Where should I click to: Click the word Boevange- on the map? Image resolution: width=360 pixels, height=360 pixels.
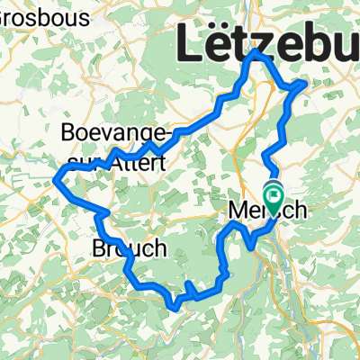[x=114, y=134]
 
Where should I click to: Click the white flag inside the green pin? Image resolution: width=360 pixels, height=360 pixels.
[x=273, y=190]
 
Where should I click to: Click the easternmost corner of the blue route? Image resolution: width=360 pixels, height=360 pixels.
[x=306, y=83]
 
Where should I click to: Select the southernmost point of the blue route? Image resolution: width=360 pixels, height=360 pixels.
[x=176, y=306]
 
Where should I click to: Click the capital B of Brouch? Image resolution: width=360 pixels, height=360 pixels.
[x=100, y=247]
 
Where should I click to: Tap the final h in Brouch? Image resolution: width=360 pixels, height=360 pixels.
[x=159, y=247]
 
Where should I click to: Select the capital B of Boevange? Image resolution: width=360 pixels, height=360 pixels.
[x=67, y=134]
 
